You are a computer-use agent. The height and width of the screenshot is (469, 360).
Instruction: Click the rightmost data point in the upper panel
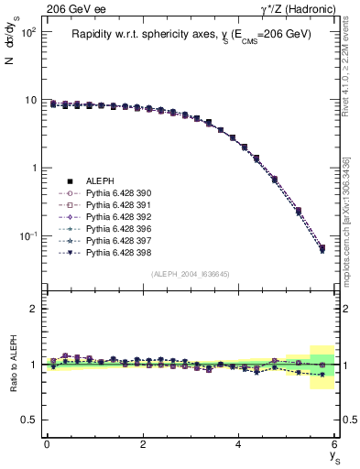click(x=322, y=248)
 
